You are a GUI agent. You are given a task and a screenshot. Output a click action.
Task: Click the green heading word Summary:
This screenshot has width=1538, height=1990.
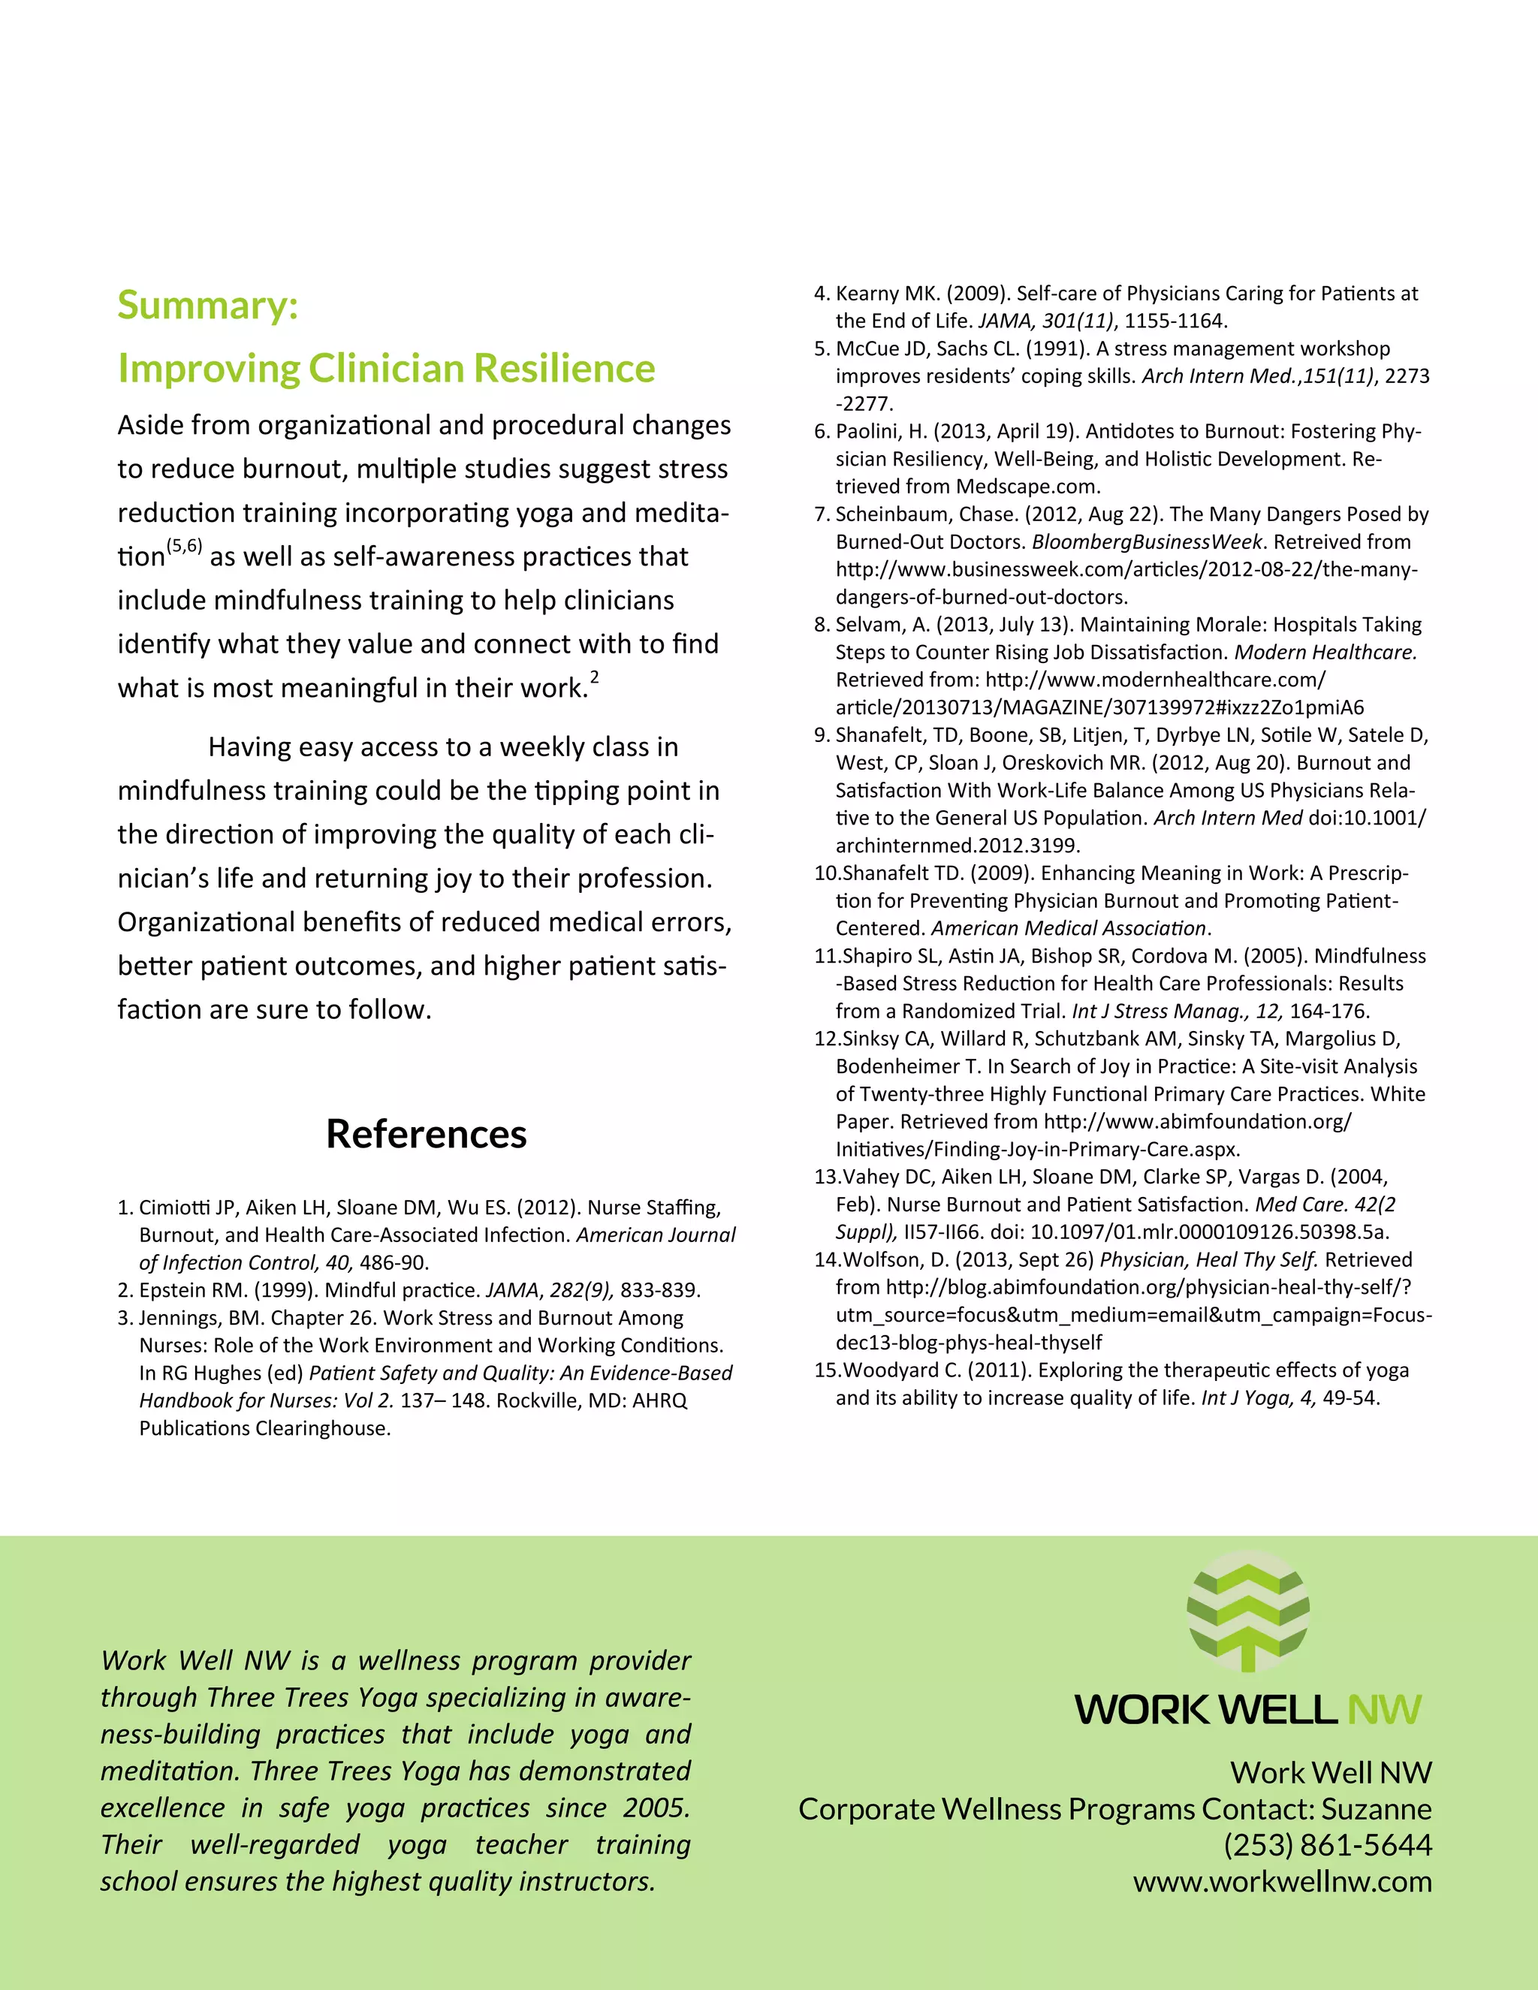pos(208,305)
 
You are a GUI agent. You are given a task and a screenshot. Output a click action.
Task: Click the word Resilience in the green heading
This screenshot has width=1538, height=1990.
pos(564,368)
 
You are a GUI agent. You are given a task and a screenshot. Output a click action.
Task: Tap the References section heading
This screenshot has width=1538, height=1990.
pos(427,1135)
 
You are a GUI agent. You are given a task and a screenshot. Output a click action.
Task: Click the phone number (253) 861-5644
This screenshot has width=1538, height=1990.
pos(1328,1845)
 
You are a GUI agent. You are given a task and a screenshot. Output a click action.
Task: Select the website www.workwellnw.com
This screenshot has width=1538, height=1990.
pos(1282,1882)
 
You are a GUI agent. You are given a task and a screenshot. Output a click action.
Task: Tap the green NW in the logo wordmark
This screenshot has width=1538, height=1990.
pos(1384,1710)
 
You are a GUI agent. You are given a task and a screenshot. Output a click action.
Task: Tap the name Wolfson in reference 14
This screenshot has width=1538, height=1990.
pos(879,1260)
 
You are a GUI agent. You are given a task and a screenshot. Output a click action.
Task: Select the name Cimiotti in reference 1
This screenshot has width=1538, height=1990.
pos(174,1208)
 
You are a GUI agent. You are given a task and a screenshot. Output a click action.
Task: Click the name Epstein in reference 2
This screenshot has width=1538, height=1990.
pos(170,1290)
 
